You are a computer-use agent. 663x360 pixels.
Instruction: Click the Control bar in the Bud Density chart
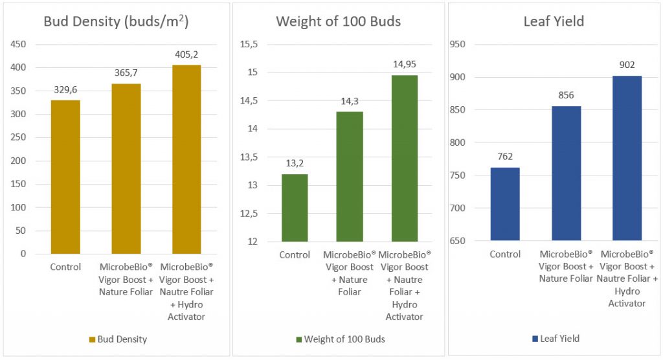click(x=66, y=177)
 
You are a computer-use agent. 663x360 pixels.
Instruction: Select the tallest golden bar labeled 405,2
click(x=187, y=159)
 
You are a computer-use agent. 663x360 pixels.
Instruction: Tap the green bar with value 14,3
click(x=350, y=177)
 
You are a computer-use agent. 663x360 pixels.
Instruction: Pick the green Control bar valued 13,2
click(x=295, y=208)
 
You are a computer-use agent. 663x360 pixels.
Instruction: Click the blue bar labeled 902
click(x=626, y=158)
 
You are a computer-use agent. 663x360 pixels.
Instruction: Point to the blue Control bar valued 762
click(x=505, y=204)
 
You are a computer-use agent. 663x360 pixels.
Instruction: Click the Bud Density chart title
click(x=116, y=21)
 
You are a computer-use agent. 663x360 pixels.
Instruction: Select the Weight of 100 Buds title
click(x=338, y=21)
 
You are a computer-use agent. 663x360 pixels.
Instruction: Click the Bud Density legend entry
click(x=118, y=339)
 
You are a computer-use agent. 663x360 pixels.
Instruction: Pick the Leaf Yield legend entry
click(x=555, y=338)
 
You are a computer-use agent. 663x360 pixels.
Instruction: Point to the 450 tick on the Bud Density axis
click(x=19, y=44)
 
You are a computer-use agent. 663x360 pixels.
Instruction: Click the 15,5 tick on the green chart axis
click(x=249, y=44)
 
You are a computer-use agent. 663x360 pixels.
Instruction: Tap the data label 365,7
click(x=126, y=74)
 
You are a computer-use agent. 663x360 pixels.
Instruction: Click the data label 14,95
click(x=404, y=64)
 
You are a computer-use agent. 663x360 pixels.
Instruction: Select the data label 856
click(x=566, y=95)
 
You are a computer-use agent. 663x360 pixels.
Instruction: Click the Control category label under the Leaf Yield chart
click(x=505, y=254)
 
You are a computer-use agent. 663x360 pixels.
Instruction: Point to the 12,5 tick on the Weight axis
click(x=249, y=214)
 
